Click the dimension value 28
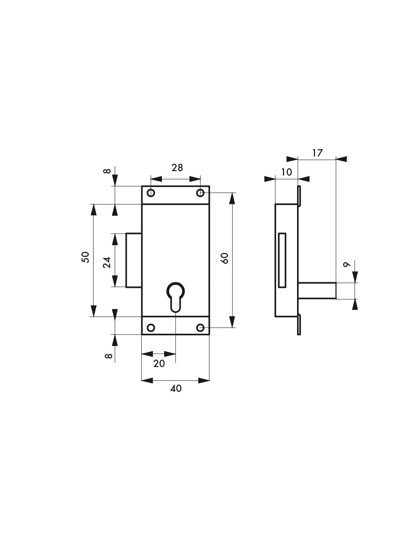[177, 168]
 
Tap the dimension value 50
[86, 257]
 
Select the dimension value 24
[107, 262]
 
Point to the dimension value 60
[225, 258]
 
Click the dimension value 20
[159, 363]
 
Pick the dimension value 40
[176, 388]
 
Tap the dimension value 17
[317, 153]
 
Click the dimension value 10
[286, 172]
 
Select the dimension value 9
[347, 265]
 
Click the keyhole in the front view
[175, 297]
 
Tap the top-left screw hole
[151, 193]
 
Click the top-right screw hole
[200, 193]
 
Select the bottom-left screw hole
[151, 328]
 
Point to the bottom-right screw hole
[200, 328]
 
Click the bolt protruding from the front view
[134, 260]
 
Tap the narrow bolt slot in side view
[282, 260]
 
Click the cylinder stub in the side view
[317, 290]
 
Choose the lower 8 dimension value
[108, 356]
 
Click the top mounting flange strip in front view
[175, 195]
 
